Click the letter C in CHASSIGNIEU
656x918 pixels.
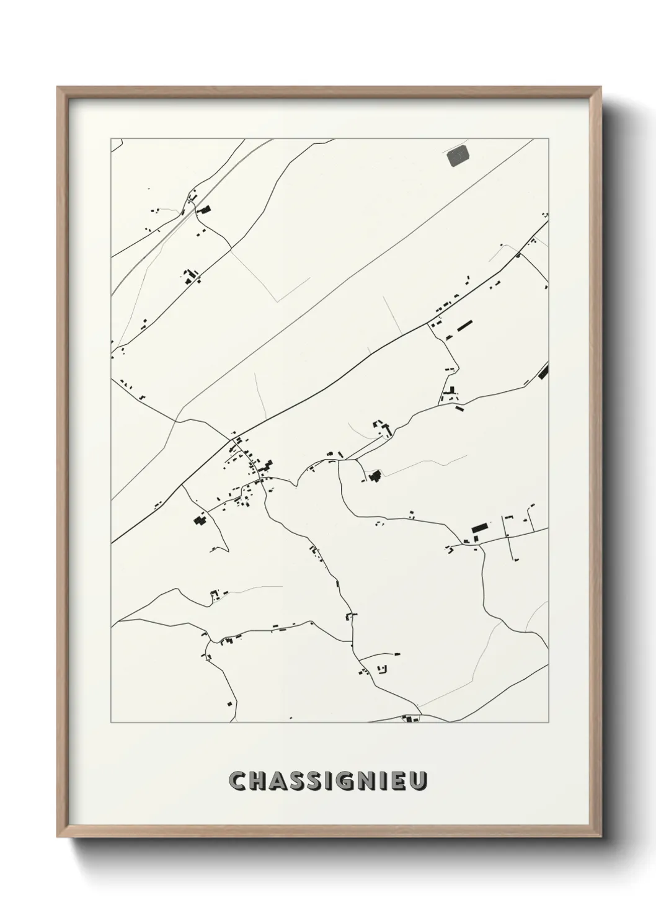click(x=237, y=782)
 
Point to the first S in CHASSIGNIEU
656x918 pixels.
click(x=298, y=782)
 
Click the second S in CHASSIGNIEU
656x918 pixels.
click(x=316, y=782)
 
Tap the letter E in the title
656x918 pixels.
click(x=399, y=782)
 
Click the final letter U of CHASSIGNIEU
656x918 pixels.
click(x=419, y=782)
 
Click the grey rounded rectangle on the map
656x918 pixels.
click(x=458, y=156)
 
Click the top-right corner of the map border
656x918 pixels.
click(x=549, y=138)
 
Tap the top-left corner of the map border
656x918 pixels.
click(x=111, y=138)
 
